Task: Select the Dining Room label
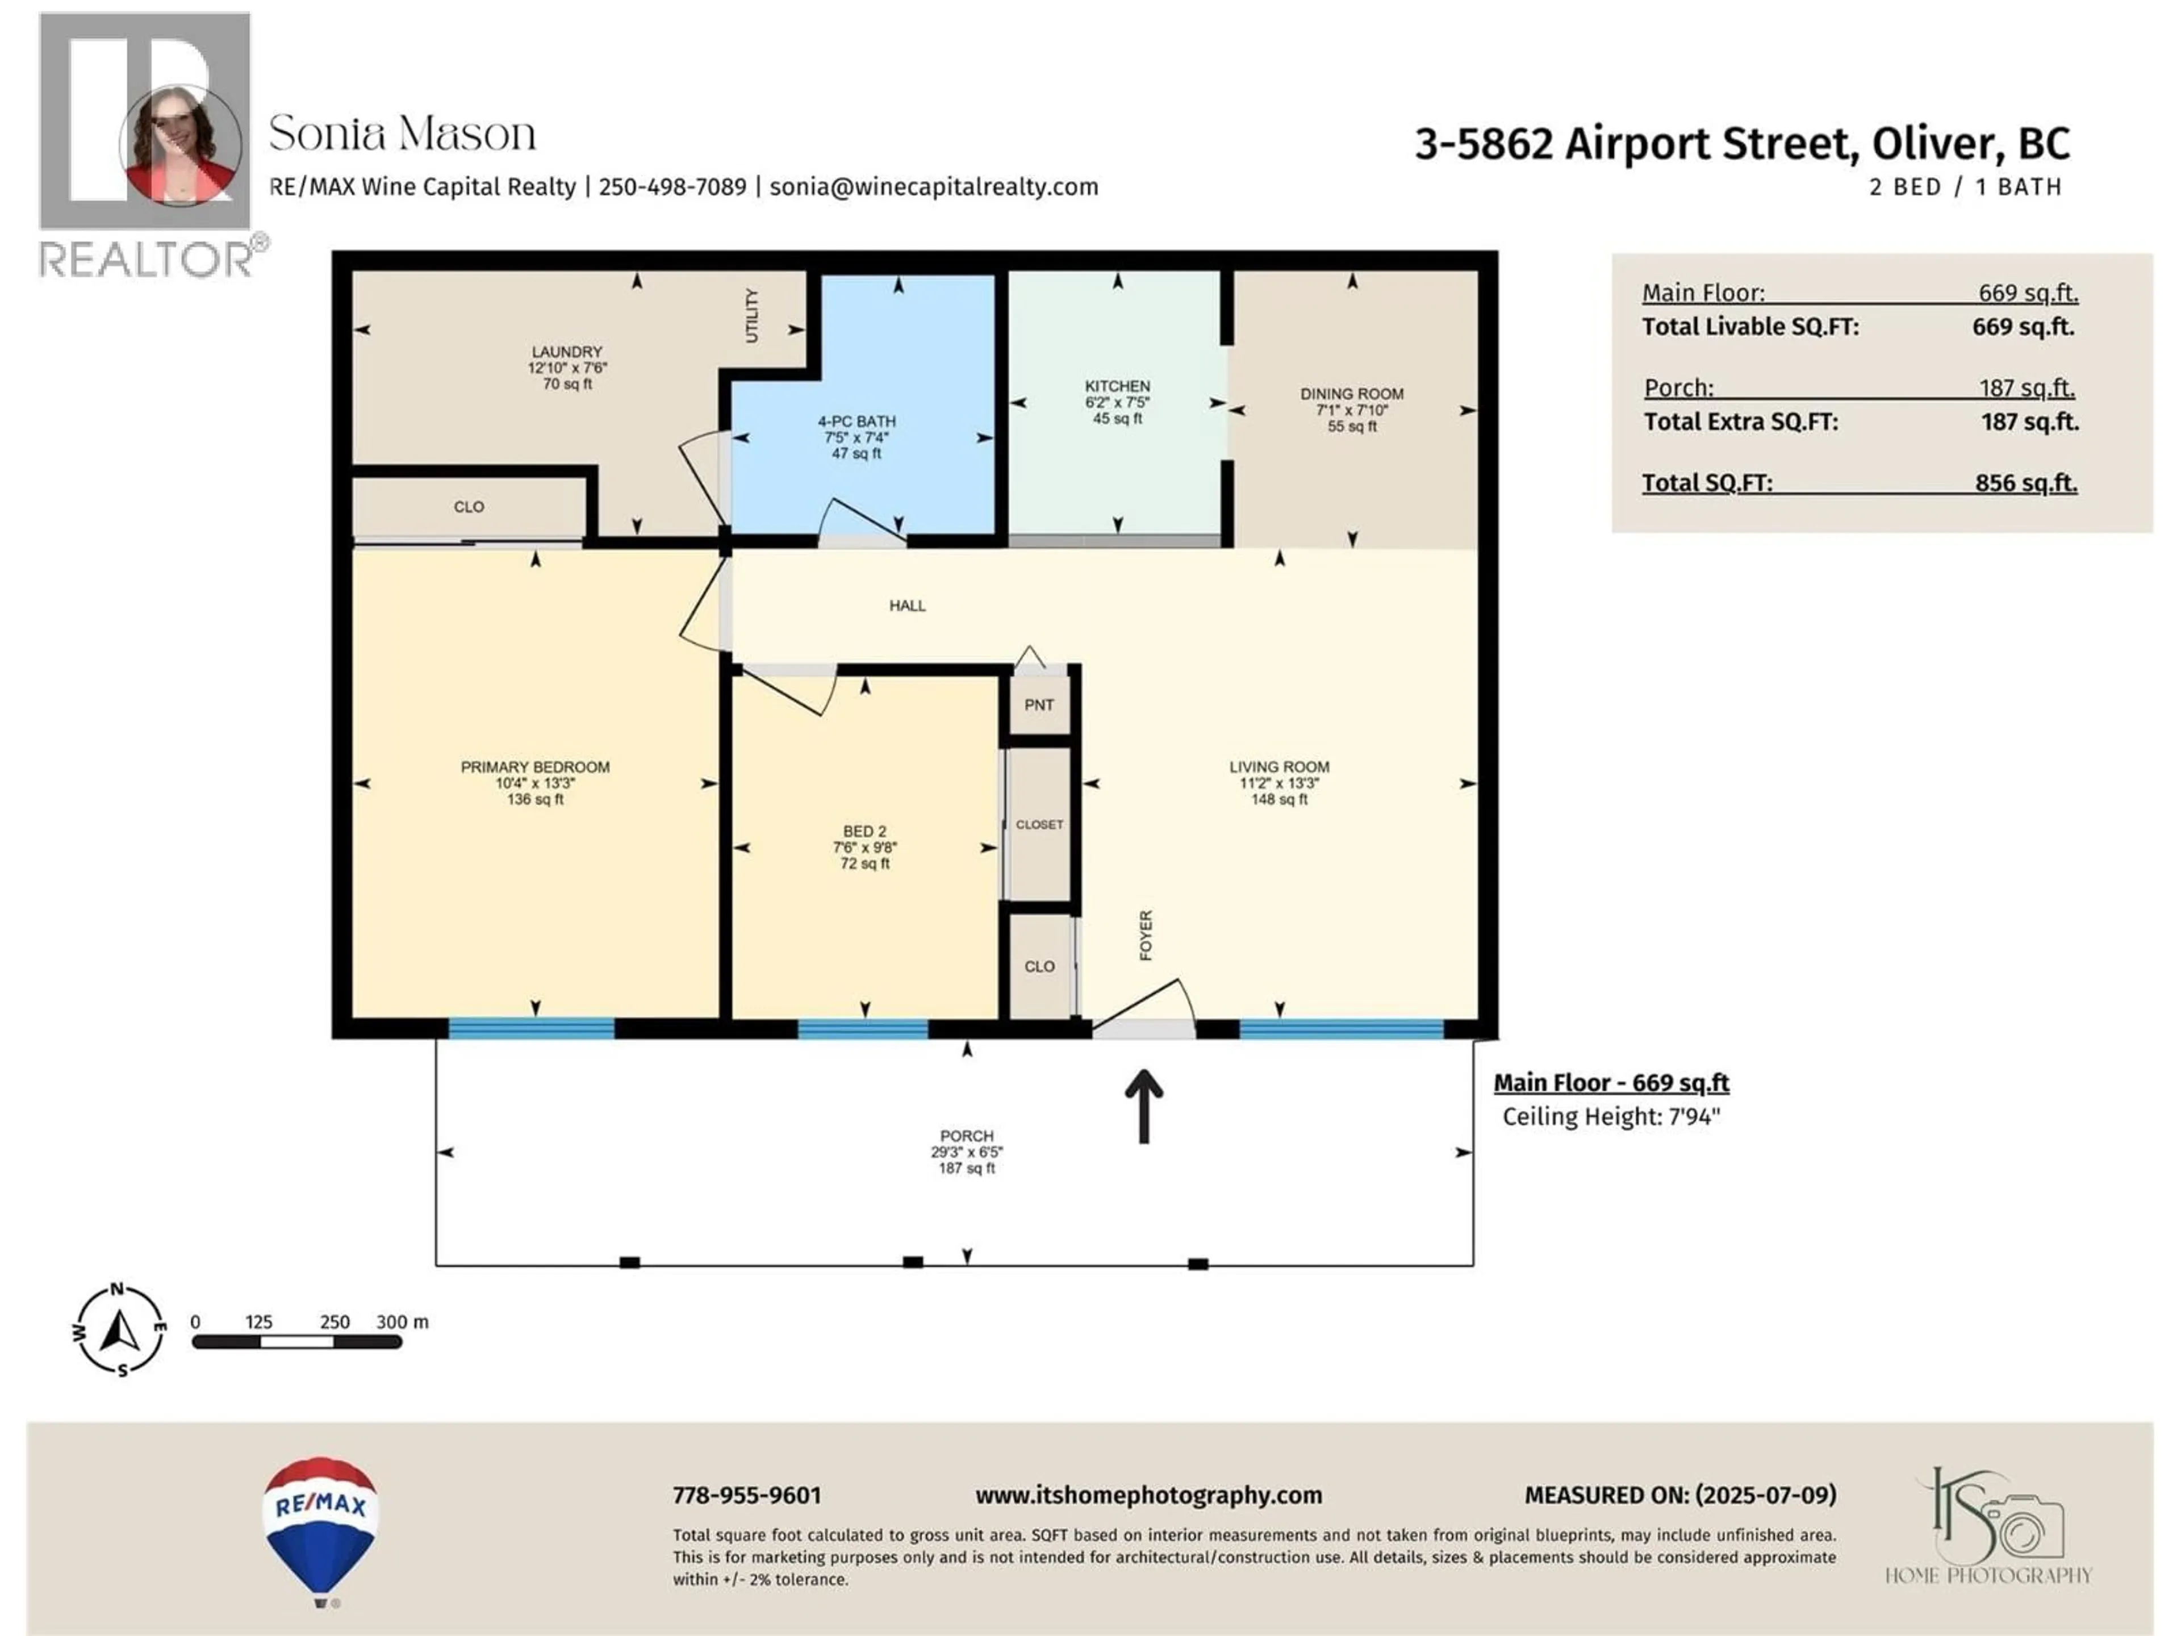pyautogui.click(x=1352, y=394)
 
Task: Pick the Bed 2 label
pyautogui.click(x=864, y=831)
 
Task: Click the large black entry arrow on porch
pyautogui.click(x=1144, y=1107)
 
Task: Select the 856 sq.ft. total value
pyautogui.click(x=2025, y=483)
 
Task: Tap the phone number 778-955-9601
pyautogui.click(x=746, y=1496)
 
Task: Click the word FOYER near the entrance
pyautogui.click(x=1146, y=935)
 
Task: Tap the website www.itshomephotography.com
pyautogui.click(x=1148, y=1496)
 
